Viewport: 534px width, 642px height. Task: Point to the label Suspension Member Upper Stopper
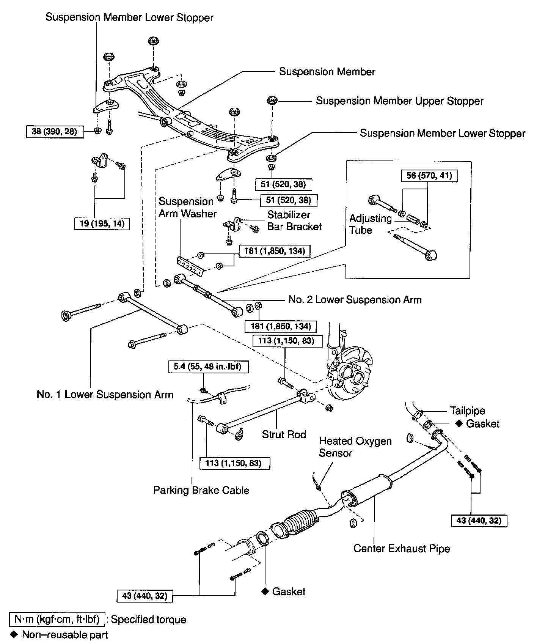click(400, 101)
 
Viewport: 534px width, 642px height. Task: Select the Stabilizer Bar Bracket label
click(294, 220)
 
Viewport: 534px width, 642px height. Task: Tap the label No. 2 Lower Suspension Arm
click(355, 300)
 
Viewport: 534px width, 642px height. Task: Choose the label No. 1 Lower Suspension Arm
click(105, 395)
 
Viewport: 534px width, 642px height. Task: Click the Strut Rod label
click(284, 434)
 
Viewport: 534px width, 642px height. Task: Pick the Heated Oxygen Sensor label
click(355, 447)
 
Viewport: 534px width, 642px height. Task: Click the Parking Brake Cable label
click(201, 490)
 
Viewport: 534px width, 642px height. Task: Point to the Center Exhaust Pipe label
click(401, 549)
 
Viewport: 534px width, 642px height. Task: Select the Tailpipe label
click(467, 411)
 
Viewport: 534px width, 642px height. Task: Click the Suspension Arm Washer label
click(187, 208)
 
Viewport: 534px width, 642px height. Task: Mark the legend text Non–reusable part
click(65, 634)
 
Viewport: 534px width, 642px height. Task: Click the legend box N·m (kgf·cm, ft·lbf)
click(57, 620)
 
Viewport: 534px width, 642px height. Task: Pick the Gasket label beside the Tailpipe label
click(482, 424)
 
